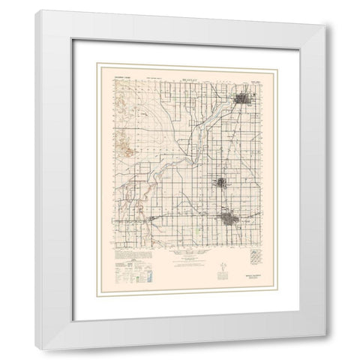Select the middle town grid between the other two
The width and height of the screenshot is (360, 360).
222,182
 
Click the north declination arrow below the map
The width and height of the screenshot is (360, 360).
223,266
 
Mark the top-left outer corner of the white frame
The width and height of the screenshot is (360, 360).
36,10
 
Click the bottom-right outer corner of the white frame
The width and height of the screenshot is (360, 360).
324,349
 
